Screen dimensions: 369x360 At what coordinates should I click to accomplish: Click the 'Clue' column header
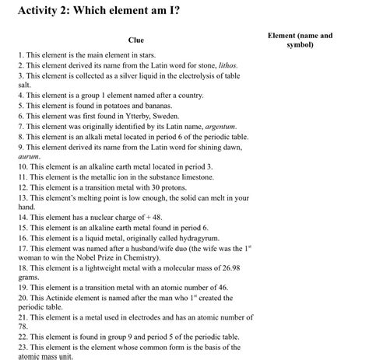pos(136,40)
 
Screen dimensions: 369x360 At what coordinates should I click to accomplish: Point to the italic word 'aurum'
pos(28,156)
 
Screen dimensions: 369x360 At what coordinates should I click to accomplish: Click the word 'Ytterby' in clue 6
pos(149,114)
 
